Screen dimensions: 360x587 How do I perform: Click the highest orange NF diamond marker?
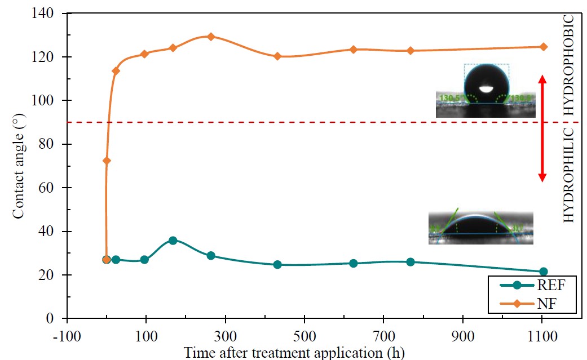tap(211, 37)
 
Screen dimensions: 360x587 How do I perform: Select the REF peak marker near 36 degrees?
tap(173, 241)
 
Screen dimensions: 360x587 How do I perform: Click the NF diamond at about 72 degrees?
tap(107, 161)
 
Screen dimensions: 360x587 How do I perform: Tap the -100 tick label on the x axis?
tap(67, 335)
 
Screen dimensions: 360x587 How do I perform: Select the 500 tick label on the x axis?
tap(304, 335)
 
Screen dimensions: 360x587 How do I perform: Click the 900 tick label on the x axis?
tap(463, 335)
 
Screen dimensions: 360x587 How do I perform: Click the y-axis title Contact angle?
tap(19, 166)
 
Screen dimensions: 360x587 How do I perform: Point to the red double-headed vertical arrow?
tap(542, 128)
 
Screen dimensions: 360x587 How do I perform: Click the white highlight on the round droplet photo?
tap(486, 88)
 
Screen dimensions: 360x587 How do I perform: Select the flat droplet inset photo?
tap(480, 228)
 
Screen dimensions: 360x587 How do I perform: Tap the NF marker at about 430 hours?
tap(277, 56)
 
